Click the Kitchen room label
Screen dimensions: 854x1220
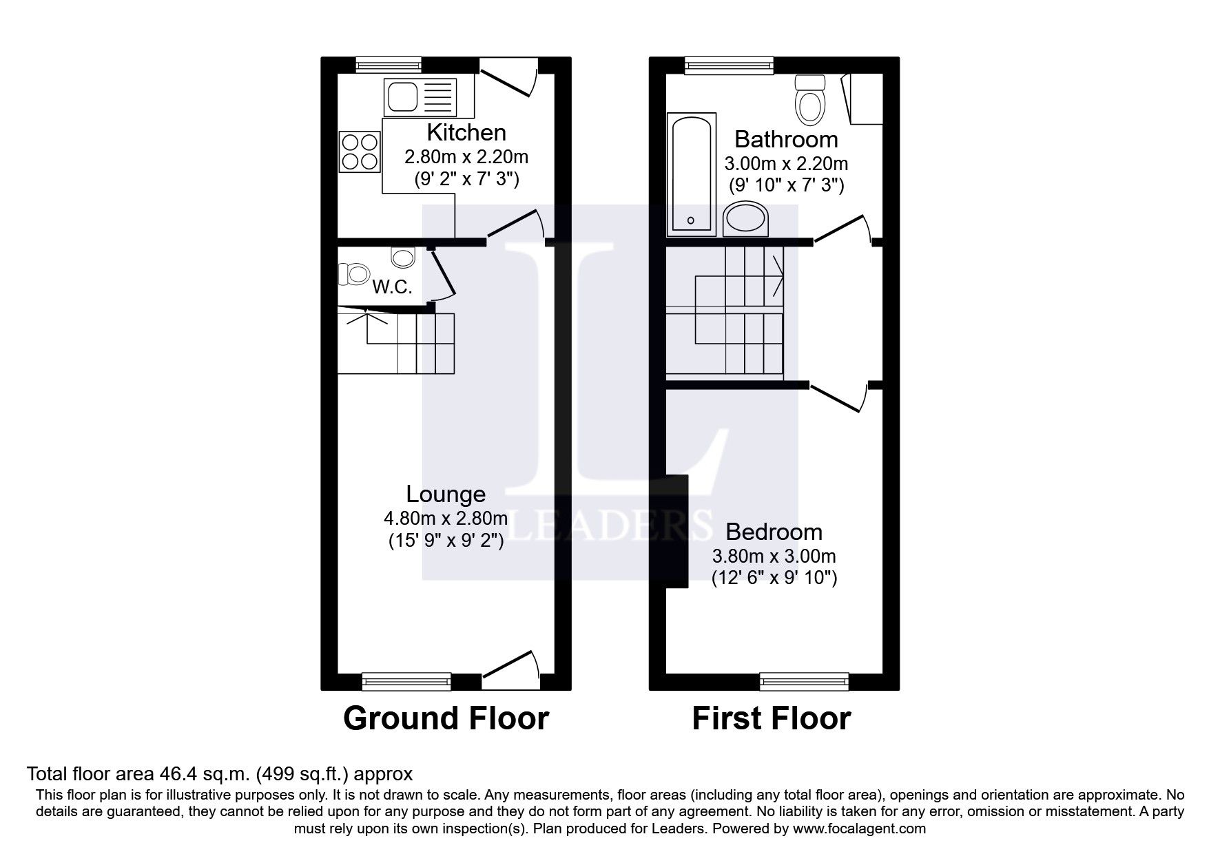click(466, 132)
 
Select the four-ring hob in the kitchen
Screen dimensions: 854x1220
click(359, 152)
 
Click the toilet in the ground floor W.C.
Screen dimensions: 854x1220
click(355, 274)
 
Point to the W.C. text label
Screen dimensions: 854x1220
click(392, 287)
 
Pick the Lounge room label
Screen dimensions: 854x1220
click(446, 494)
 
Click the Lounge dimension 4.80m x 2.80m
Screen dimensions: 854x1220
click(446, 518)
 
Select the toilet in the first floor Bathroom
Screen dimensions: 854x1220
click(810, 101)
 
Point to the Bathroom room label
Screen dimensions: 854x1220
click(786, 139)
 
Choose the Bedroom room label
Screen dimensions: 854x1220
click(774, 532)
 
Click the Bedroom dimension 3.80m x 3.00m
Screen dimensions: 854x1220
click(774, 556)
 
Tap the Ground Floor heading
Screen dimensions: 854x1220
click(446, 718)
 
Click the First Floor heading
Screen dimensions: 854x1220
click(771, 718)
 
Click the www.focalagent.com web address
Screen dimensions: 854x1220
click(859, 829)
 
